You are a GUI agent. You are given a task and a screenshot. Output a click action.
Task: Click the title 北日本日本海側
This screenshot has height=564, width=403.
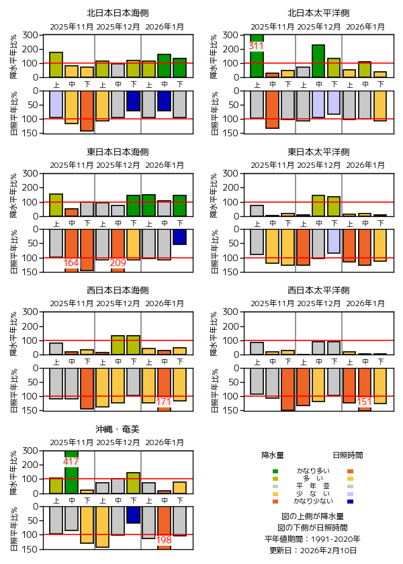click(x=118, y=13)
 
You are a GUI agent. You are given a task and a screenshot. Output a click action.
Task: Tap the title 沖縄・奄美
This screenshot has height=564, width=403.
click(x=118, y=428)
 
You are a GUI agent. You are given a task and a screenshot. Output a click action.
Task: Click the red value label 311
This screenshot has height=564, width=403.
click(x=256, y=46)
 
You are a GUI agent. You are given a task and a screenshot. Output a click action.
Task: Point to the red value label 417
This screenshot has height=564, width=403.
click(x=71, y=462)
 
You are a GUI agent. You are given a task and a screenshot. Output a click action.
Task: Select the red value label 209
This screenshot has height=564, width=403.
click(x=118, y=263)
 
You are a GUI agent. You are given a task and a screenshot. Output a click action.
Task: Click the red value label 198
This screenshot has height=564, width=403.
click(x=164, y=540)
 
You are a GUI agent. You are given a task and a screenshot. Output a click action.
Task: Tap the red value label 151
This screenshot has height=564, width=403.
click(x=365, y=402)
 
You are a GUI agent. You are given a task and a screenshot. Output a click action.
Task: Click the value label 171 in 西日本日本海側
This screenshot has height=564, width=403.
click(x=164, y=402)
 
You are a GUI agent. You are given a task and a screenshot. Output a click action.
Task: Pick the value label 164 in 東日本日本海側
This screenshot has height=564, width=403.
click(x=71, y=263)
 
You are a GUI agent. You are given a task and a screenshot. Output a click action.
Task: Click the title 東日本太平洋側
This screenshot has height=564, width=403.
click(x=318, y=152)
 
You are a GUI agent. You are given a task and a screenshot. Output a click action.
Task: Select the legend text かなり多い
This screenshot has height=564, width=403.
click(x=313, y=471)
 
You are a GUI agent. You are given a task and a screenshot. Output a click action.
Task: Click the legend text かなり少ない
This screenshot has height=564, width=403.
click(x=313, y=502)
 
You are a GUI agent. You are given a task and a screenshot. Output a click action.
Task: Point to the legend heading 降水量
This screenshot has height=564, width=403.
click(x=274, y=455)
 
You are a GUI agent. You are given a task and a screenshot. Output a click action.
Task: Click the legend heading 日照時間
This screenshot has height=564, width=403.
click(x=348, y=455)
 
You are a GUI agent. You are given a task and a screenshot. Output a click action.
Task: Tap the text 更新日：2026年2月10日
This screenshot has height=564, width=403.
click(x=313, y=551)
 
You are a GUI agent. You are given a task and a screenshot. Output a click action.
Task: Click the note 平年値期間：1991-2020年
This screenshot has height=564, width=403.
click(x=313, y=539)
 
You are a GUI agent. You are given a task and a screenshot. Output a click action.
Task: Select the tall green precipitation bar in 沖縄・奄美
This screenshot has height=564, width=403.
click(x=71, y=473)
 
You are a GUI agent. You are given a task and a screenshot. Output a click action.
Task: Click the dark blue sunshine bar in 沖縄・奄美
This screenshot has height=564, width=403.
click(x=133, y=514)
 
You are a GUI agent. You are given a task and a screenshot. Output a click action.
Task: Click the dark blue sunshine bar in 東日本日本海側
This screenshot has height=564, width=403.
click(x=179, y=236)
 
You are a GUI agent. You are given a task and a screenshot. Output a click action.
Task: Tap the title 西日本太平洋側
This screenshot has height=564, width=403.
click(x=318, y=290)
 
